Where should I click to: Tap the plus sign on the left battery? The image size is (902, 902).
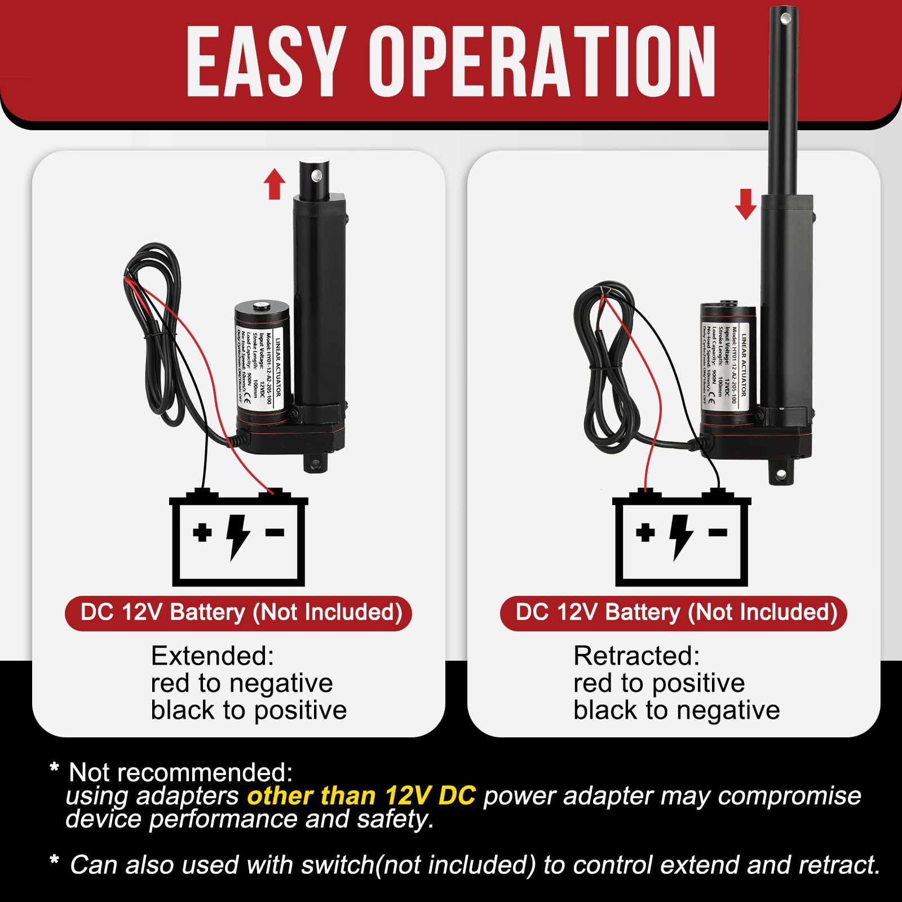point(202,532)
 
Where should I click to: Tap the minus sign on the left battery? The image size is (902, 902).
point(275,532)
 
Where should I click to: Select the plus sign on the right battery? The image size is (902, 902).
point(645,532)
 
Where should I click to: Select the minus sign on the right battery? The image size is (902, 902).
point(718,532)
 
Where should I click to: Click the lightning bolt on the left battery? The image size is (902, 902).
point(237,536)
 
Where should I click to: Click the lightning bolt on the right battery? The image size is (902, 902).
point(680,536)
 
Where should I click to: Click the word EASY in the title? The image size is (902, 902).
point(265,62)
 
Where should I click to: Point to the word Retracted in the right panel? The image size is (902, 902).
point(636,656)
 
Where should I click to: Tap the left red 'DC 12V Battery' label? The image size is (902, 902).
point(238,613)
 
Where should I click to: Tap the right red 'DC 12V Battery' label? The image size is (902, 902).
point(674,613)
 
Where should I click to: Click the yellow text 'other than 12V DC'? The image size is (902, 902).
point(361,796)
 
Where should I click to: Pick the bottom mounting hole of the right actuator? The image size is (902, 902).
point(781,475)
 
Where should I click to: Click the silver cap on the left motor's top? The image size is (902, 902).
point(260,306)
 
